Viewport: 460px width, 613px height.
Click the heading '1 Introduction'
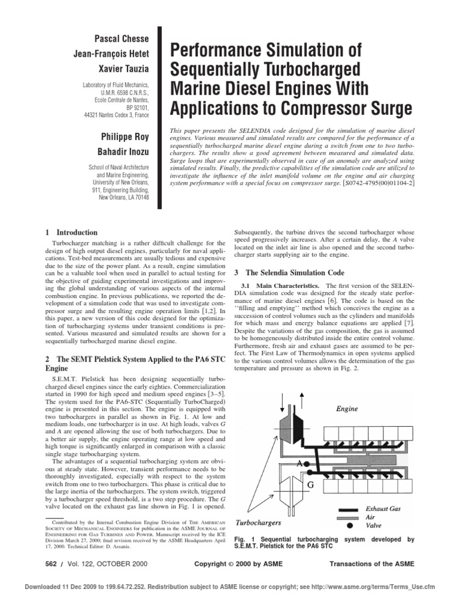(71, 232)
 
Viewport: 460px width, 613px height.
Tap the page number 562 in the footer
(55, 565)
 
